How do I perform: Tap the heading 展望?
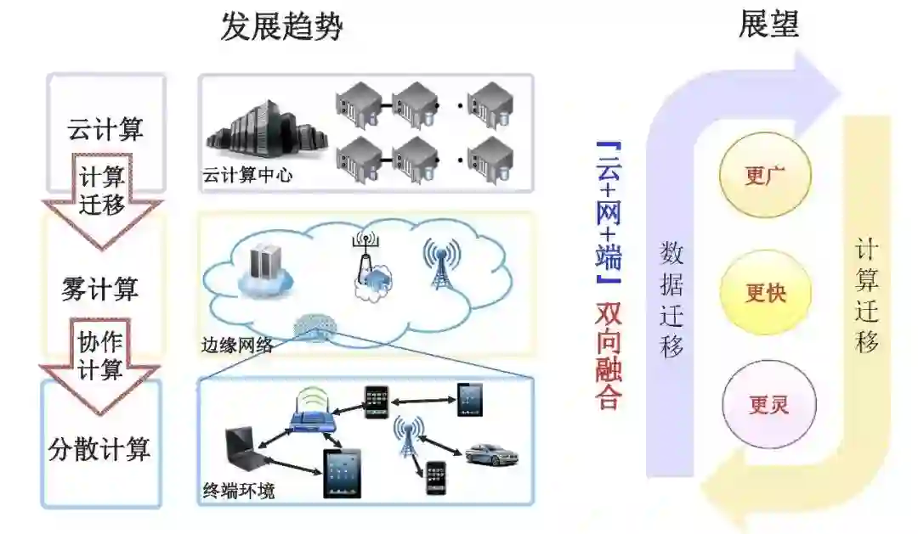[x=768, y=24]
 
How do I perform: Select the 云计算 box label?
[x=105, y=130]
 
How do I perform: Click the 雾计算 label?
[x=100, y=289]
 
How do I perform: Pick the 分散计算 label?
[x=100, y=448]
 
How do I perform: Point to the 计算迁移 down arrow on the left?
[x=102, y=194]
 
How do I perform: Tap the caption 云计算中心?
[x=246, y=176]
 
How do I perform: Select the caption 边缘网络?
[x=238, y=345]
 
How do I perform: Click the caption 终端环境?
[x=239, y=491]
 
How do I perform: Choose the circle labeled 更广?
[x=765, y=176]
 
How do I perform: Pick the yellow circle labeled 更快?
[x=765, y=293]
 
